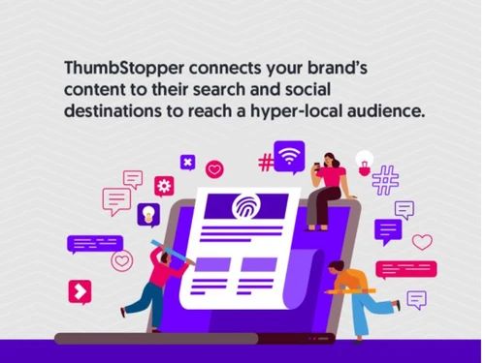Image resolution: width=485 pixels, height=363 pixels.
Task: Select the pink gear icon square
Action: click(x=164, y=186)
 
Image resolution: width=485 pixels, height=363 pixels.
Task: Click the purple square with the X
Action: click(x=187, y=162)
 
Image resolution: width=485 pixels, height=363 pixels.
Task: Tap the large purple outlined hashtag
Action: click(x=385, y=180)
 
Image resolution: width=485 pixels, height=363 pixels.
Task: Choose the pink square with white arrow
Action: click(x=79, y=291)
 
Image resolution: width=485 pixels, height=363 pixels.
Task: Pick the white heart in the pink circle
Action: click(x=215, y=169)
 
